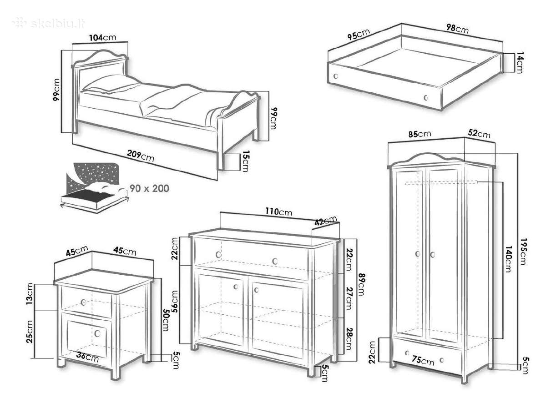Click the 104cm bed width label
click(x=102, y=37)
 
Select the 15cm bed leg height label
click(x=245, y=161)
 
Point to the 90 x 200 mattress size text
click(x=149, y=189)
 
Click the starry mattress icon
click(x=95, y=187)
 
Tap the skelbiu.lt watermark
click(x=49, y=23)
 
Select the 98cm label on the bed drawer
click(x=457, y=28)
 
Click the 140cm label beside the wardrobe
click(x=507, y=259)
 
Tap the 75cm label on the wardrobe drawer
click(x=423, y=361)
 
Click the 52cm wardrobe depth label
click(x=479, y=134)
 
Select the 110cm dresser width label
click(x=278, y=212)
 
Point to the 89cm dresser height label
click(x=361, y=284)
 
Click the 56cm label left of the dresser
click(x=175, y=301)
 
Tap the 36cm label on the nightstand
click(x=87, y=357)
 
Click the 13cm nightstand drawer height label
click(x=29, y=294)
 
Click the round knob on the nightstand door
click(x=97, y=334)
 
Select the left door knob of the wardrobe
click(x=418, y=253)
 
